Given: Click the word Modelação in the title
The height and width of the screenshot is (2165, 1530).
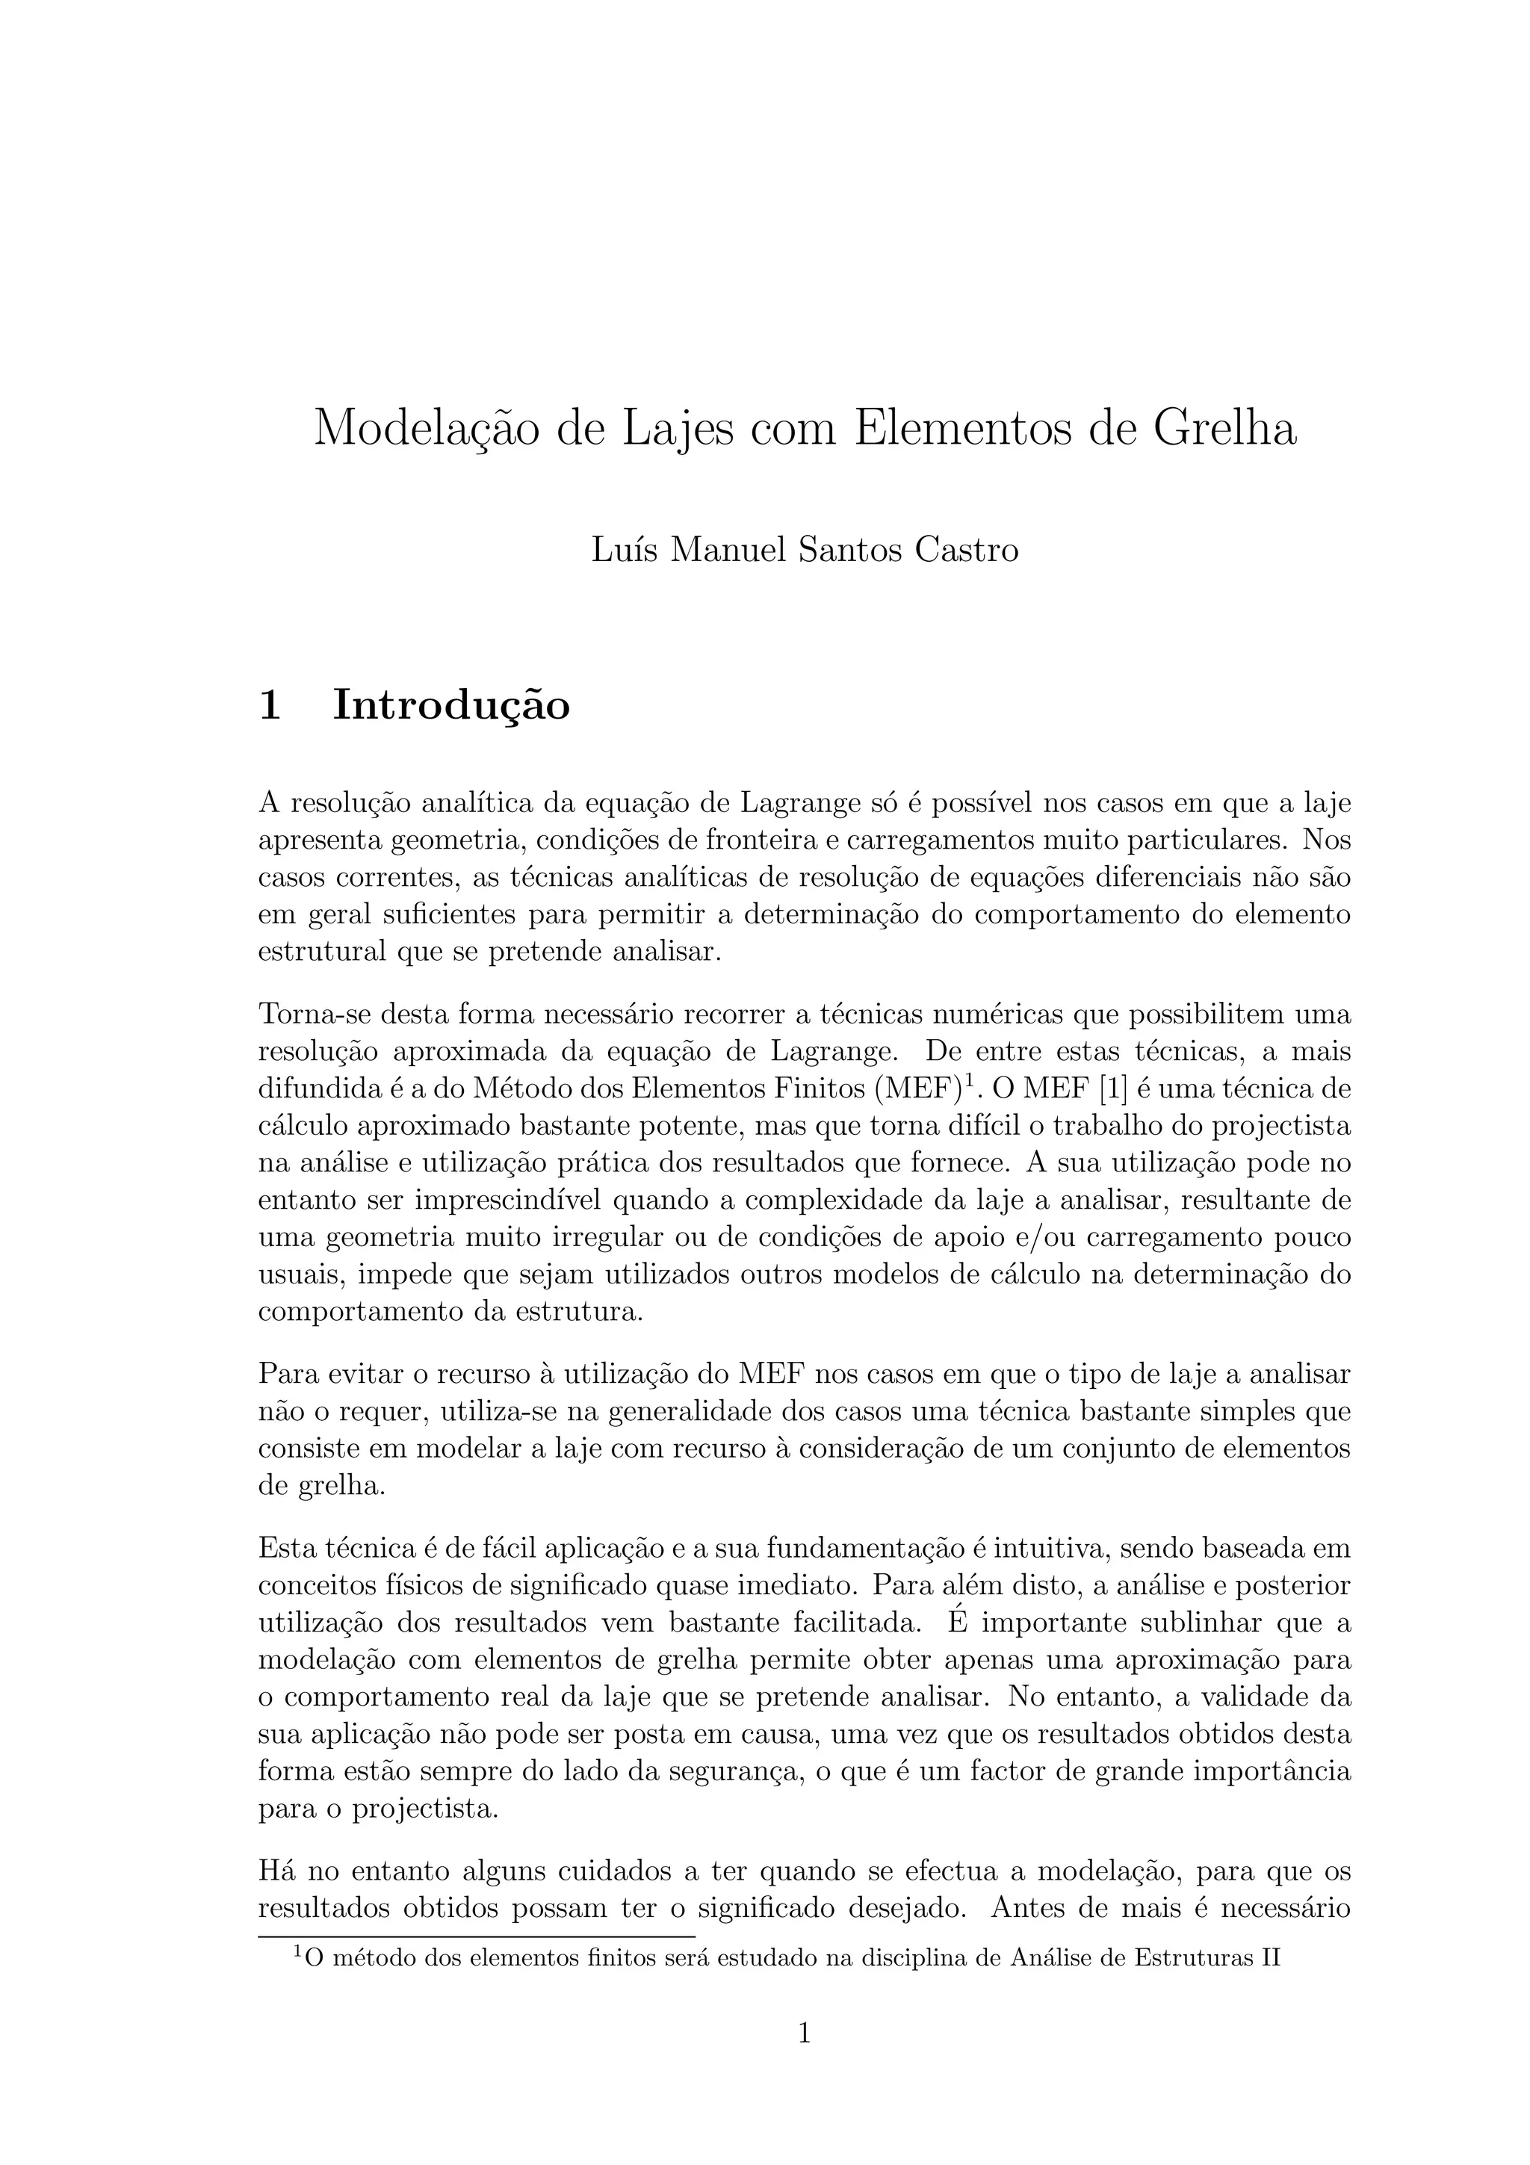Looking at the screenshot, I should point(426,429).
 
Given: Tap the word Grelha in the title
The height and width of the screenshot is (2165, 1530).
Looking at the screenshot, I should point(1224,429).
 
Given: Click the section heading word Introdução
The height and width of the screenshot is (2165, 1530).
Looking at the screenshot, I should point(450,705).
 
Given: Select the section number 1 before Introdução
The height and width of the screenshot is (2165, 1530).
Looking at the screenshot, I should point(269,705).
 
